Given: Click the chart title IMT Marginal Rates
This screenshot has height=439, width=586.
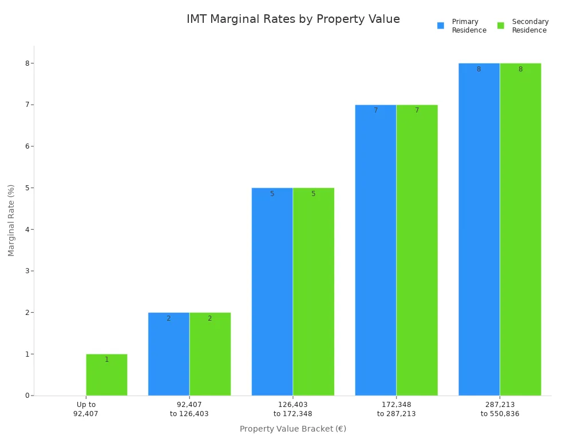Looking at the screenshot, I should tap(293, 19).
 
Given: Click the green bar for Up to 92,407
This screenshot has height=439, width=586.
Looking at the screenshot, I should tap(106, 375).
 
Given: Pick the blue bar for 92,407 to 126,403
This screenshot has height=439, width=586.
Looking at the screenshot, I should tap(169, 354).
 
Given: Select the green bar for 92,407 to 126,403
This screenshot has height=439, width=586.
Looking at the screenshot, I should tap(210, 354).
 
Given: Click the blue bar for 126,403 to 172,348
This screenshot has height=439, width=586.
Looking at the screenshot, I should tap(272, 292).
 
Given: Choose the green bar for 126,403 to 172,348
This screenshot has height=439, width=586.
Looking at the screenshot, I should tap(314, 292).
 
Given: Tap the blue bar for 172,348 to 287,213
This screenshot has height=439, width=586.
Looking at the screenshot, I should tap(375, 250).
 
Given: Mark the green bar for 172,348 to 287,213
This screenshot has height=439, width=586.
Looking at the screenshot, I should tap(417, 250).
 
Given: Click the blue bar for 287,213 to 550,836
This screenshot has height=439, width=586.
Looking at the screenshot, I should tap(479, 229).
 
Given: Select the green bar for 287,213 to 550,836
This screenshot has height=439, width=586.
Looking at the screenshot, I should tap(520, 229).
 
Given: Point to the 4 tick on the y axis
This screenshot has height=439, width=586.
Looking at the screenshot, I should tap(27, 229).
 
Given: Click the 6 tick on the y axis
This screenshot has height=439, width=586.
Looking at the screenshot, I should tap(27, 146).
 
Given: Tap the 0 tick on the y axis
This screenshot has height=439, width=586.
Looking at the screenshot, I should tap(27, 396).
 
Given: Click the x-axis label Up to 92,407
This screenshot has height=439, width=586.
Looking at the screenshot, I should tap(86, 409).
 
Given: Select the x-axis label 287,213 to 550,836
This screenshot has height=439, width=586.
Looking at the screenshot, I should tap(500, 409).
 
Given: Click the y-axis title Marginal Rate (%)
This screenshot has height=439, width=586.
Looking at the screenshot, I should tap(11, 220).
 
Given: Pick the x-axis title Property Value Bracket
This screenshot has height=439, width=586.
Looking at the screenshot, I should tap(293, 429).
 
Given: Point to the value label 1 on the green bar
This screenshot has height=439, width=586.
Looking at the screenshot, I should tap(106, 360).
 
